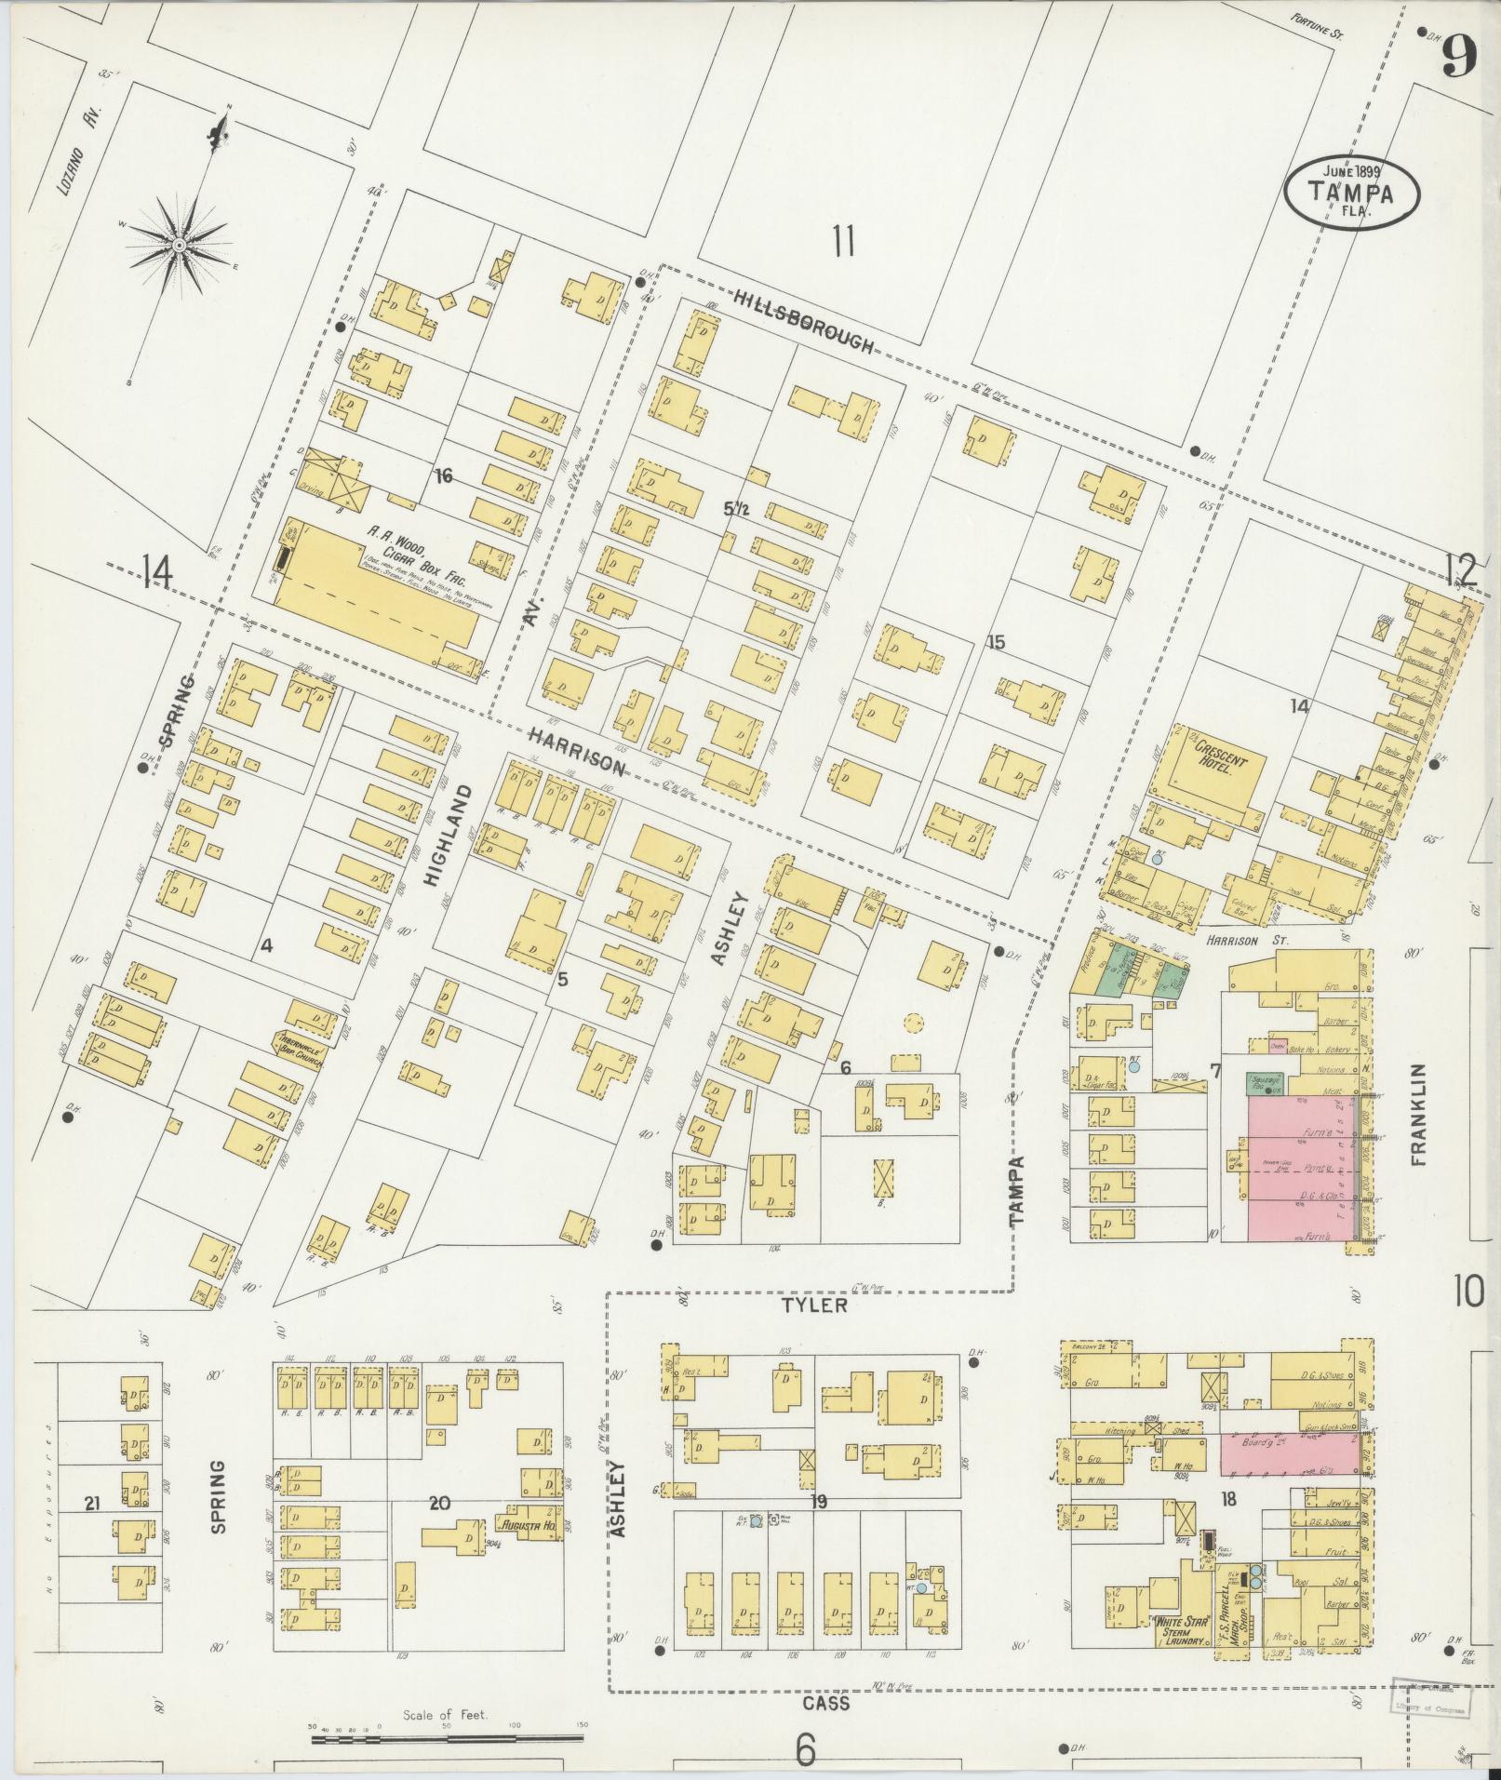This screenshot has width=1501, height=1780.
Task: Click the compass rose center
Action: pyautogui.click(x=178, y=245)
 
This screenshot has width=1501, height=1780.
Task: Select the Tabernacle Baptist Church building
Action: pyautogui.click(x=298, y=1045)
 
